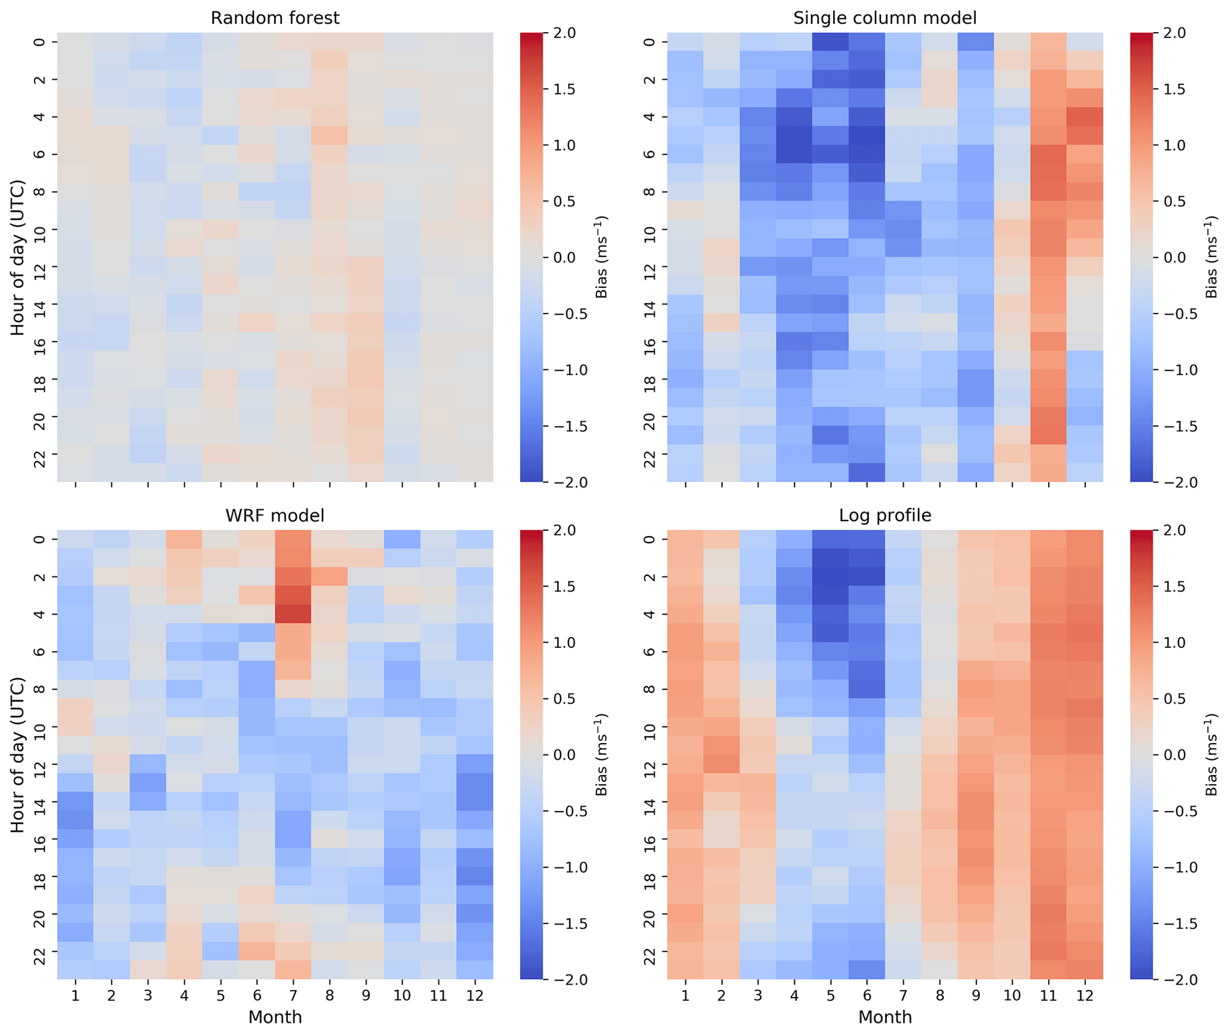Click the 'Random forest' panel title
(275, 18)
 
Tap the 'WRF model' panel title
(275, 515)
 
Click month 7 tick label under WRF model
(293, 995)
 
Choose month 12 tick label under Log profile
(1084, 995)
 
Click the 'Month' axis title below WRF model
(275, 1017)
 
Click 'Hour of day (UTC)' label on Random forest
(18, 257)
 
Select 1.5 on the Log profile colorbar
(1181, 587)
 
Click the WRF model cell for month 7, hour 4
(293, 614)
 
